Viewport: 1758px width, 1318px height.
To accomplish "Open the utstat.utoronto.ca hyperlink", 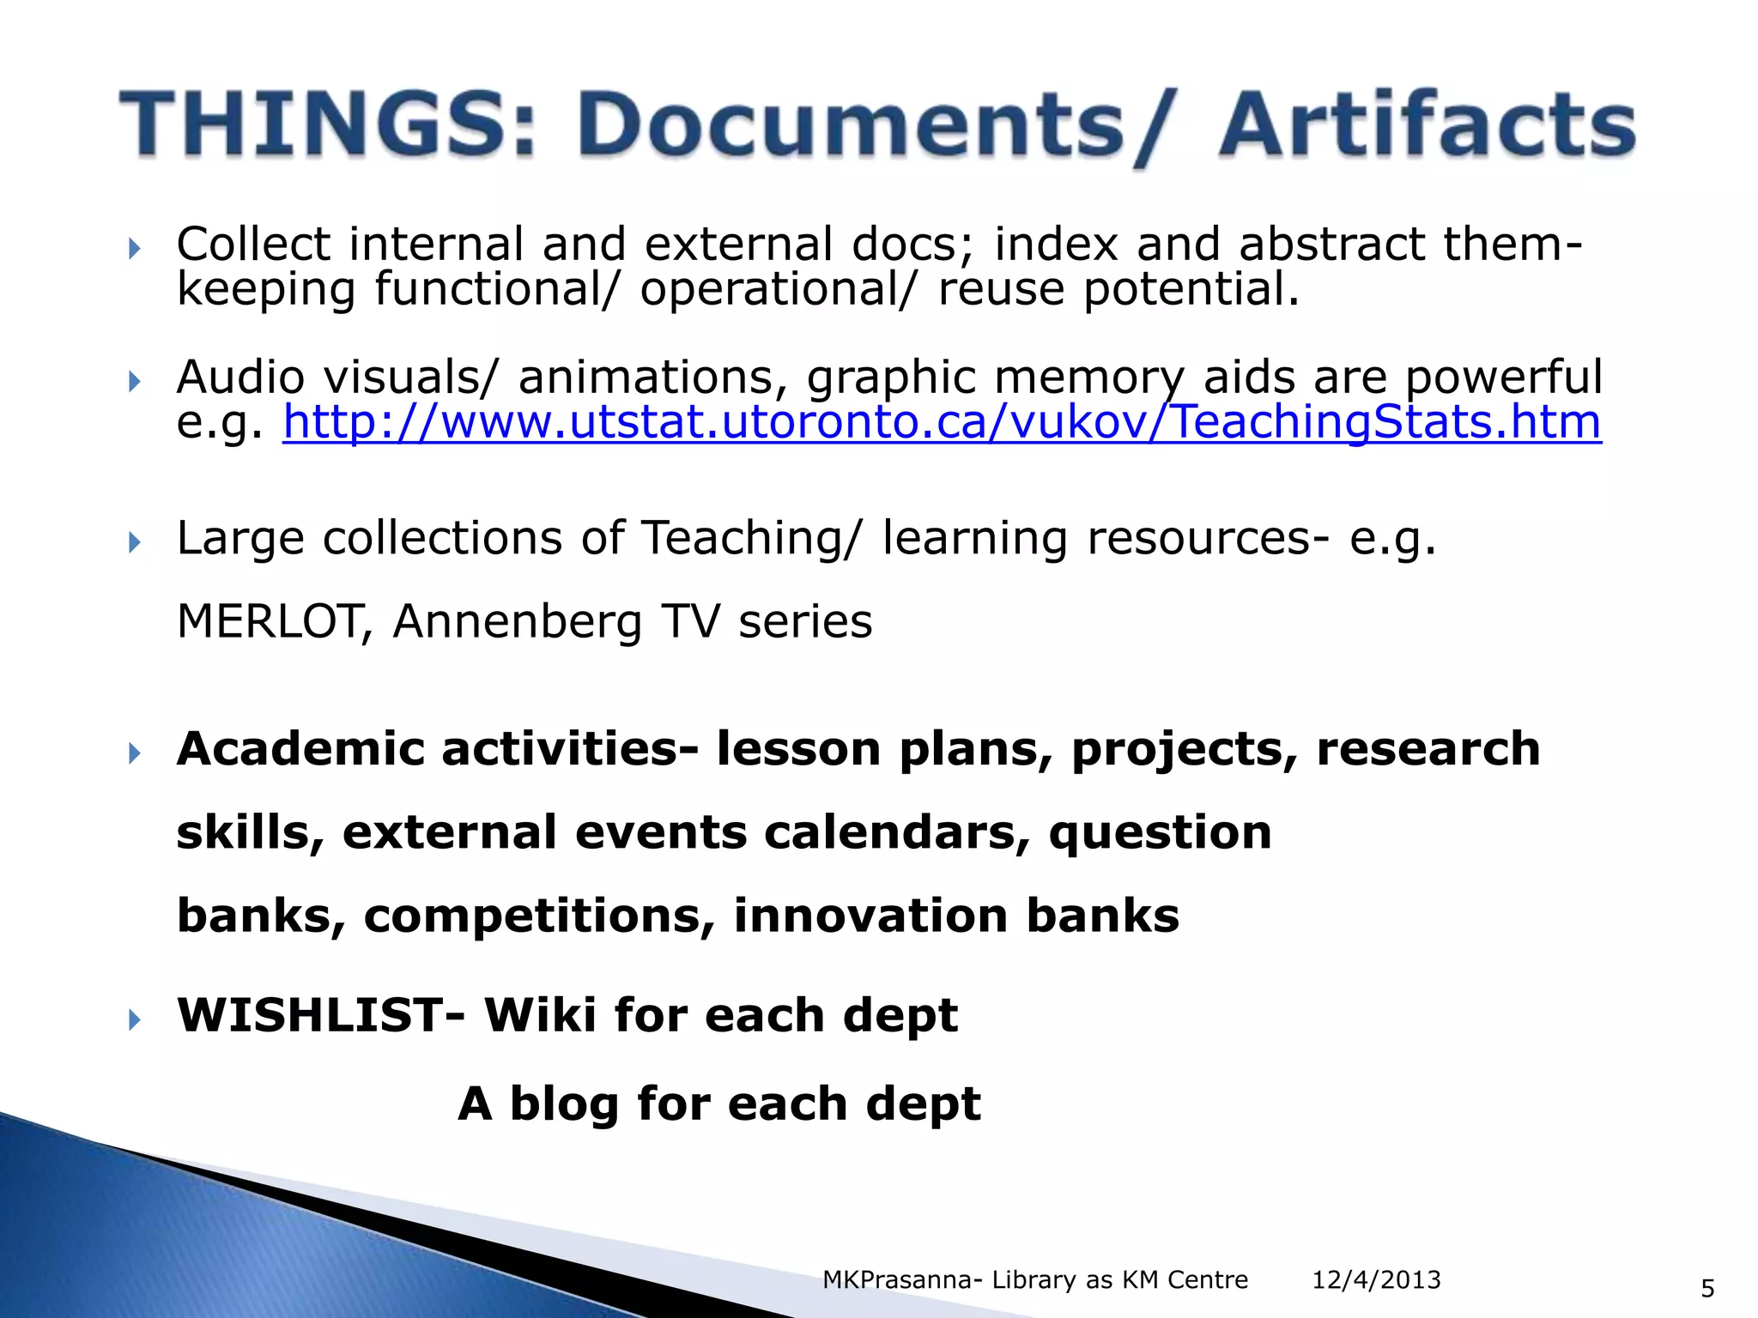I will pos(942,422).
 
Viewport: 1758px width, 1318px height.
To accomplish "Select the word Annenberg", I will pos(517,623).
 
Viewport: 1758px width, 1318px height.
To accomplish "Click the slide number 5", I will pos(1707,1288).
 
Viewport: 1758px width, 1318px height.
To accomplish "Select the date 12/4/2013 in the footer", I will pos(1376,1280).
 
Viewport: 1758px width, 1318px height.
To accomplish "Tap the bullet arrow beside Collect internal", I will pos(134,250).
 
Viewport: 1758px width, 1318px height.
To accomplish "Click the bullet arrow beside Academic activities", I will pos(134,754).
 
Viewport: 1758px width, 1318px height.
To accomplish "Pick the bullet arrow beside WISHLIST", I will pos(134,1020).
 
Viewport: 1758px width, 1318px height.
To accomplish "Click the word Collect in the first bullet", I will pos(253,244).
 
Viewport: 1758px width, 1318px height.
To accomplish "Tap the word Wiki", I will pos(540,1015).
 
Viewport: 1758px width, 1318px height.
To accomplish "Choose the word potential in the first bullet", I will pos(1191,290).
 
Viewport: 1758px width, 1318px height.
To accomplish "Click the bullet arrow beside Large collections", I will pos(134,542).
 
